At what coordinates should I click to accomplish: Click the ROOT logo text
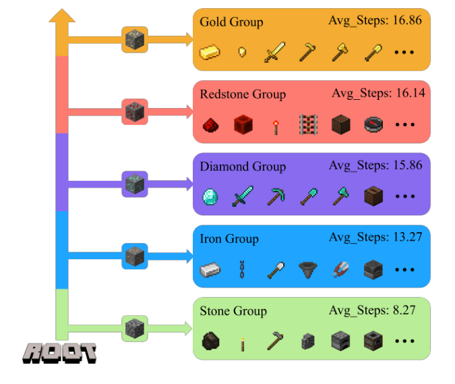coord(60,352)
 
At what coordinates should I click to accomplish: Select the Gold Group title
coord(231,22)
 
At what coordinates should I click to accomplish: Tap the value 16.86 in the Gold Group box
coord(404,20)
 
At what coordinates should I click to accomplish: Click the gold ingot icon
coord(210,52)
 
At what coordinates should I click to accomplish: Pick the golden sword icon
coord(275,52)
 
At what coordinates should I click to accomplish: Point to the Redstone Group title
coord(243,94)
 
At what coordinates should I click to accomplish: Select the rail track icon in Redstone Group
coord(308,125)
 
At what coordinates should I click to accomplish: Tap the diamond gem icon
coord(210,197)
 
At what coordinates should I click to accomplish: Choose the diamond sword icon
coord(243,197)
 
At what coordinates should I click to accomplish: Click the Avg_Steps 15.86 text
coord(375,165)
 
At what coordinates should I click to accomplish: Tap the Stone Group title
coord(233,311)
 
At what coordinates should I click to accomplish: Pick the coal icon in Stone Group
coord(210,341)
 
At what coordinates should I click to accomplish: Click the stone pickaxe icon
coord(275,341)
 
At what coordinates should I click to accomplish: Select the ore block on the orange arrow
coord(134,39)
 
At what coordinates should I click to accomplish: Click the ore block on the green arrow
coord(134,328)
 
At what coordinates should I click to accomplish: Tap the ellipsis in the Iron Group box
coord(405,270)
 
